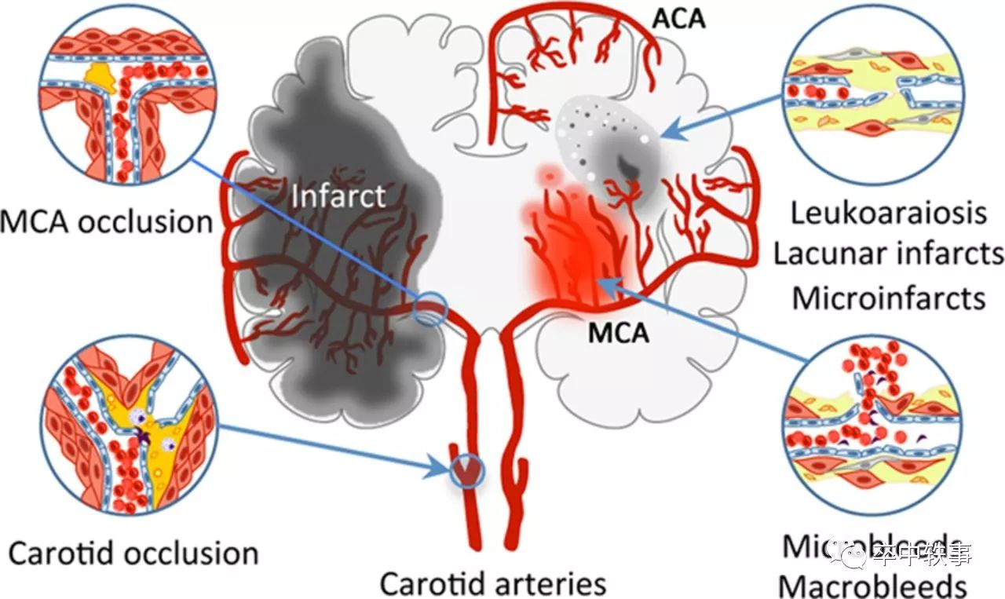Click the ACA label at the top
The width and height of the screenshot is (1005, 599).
click(x=680, y=17)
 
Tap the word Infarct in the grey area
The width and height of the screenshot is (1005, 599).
click(x=338, y=195)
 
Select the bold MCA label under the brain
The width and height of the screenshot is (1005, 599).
click(x=619, y=333)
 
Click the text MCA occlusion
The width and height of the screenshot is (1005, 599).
click(x=106, y=221)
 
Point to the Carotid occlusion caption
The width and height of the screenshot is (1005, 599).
click(x=133, y=553)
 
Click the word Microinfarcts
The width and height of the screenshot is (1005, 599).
click(x=889, y=298)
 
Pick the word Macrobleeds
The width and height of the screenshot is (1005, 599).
click(x=872, y=586)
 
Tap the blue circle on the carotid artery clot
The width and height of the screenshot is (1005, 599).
click(x=468, y=472)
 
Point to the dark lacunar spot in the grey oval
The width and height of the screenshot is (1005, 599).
click(x=627, y=165)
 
